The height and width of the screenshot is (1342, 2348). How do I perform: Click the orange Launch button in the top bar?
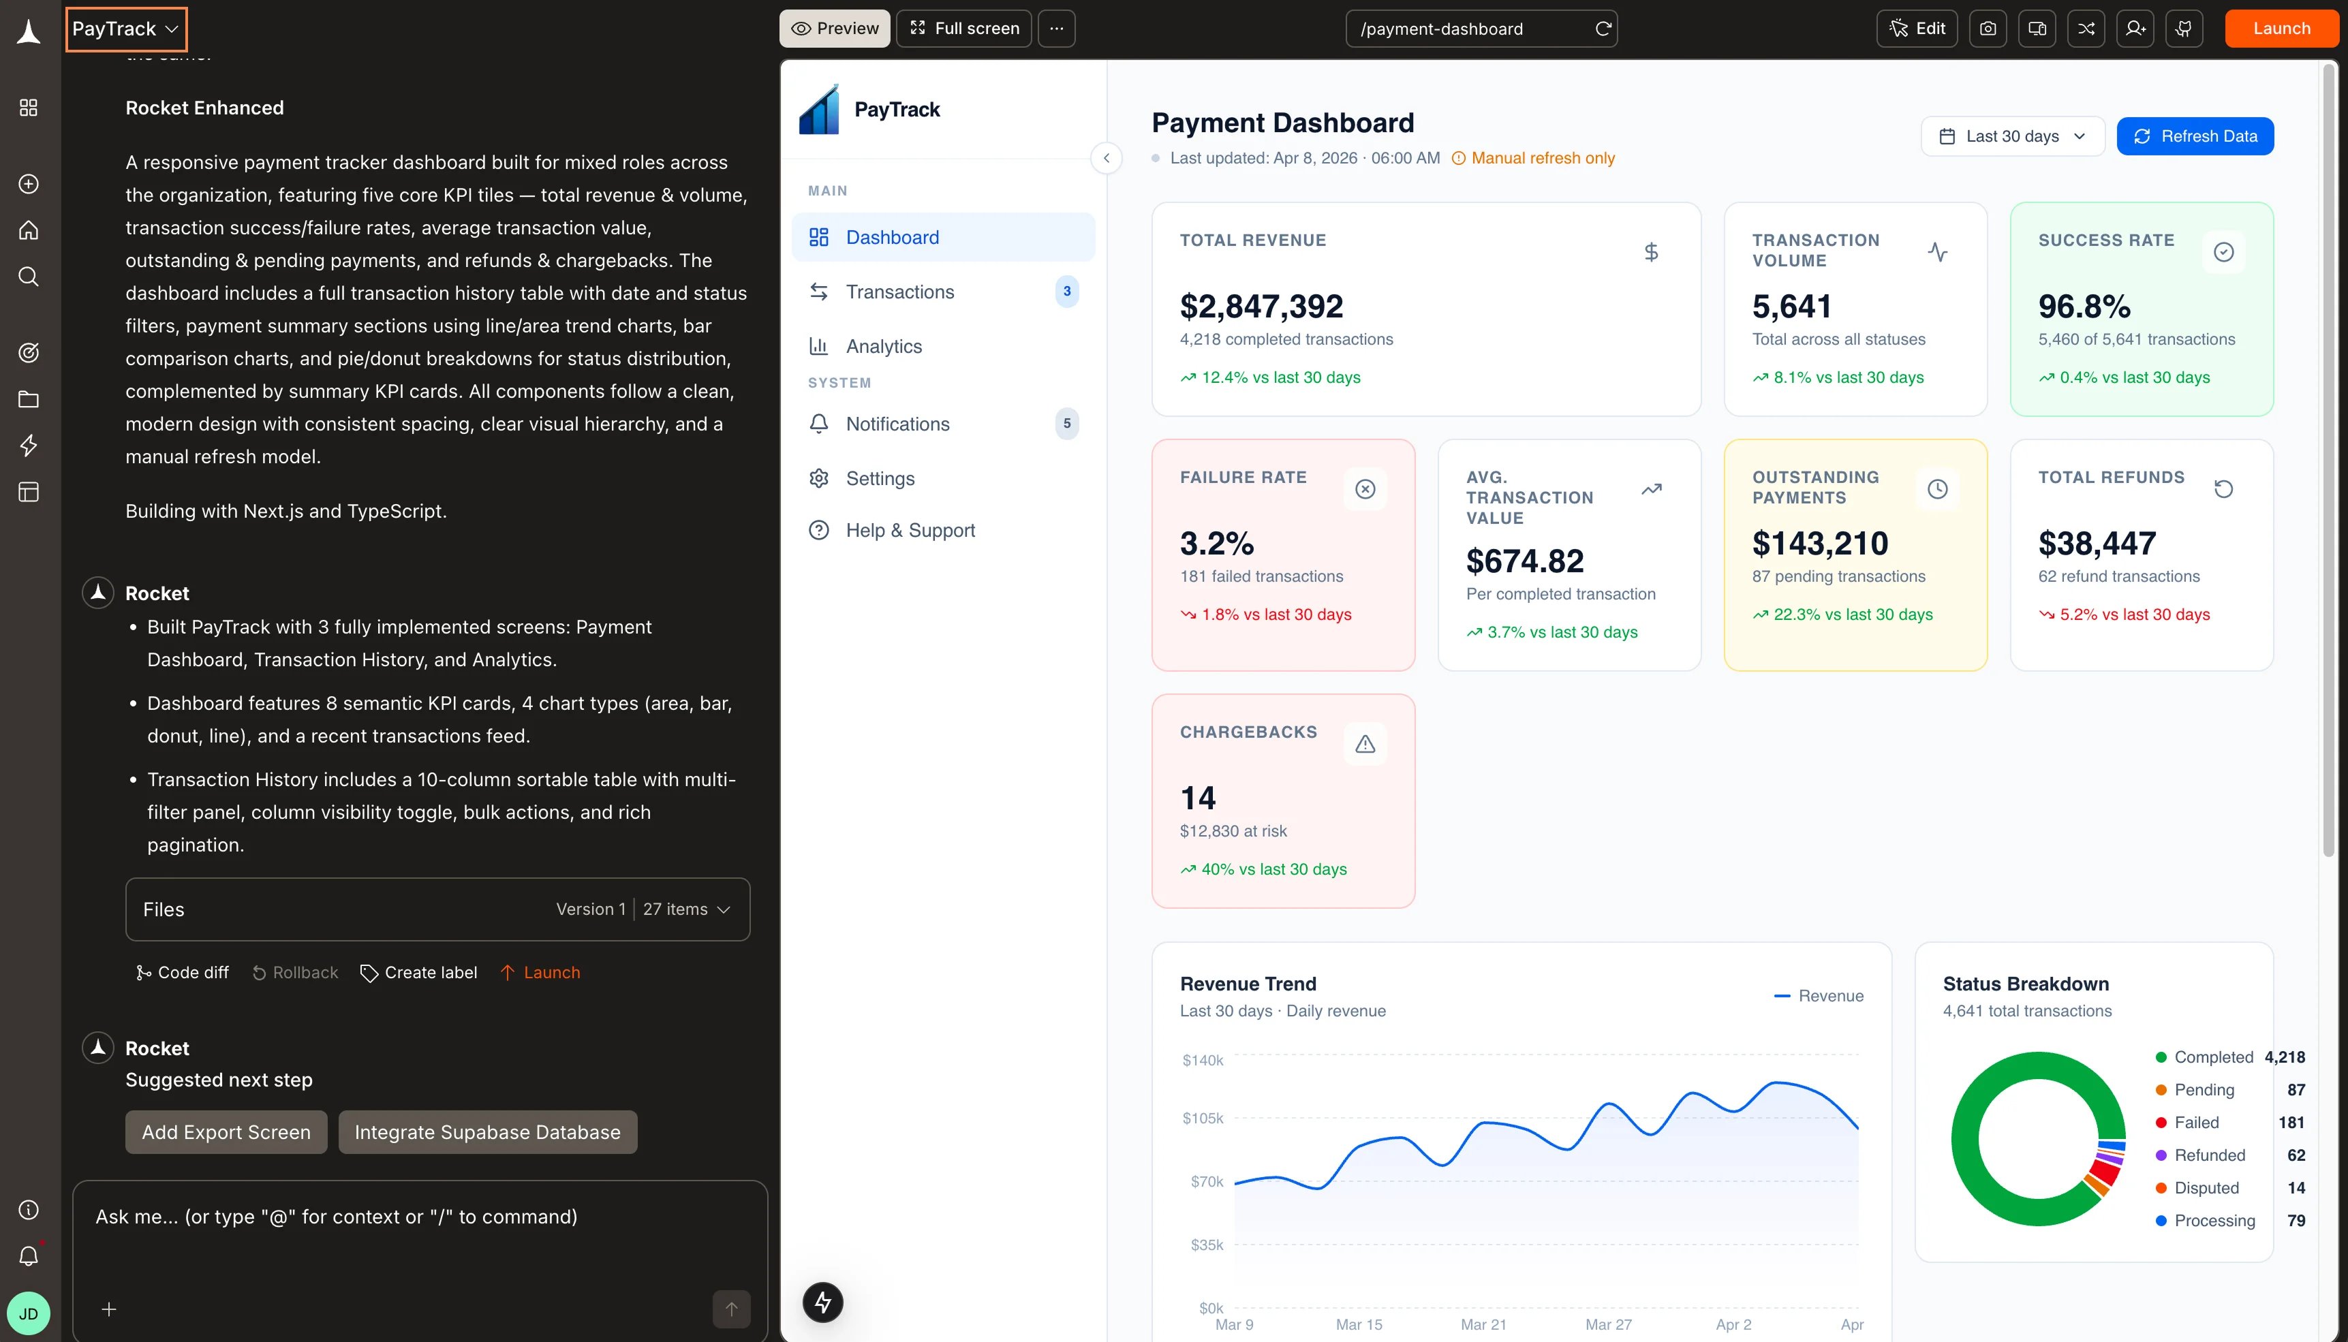tap(2282, 29)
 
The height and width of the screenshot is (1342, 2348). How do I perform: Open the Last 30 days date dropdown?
tap(2013, 136)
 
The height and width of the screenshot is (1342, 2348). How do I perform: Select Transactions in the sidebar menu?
tap(899, 292)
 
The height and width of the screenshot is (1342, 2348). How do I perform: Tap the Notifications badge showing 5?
tap(1066, 424)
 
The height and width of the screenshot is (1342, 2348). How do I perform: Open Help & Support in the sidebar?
tap(910, 531)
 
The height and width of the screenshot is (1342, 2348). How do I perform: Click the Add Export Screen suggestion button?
tap(226, 1132)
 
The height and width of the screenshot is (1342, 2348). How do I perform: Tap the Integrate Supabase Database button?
tap(488, 1132)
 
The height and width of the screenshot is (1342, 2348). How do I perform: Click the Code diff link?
tap(182, 972)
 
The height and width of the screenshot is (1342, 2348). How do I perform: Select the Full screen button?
tap(964, 29)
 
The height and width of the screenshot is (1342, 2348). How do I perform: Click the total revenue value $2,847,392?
tap(1261, 306)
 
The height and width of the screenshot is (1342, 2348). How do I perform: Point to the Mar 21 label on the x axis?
tap(1483, 1324)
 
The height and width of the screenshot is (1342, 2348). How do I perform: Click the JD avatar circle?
tap(29, 1313)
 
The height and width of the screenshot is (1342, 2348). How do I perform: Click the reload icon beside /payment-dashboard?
tap(1603, 29)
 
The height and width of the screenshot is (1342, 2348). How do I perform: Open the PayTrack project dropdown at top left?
tap(125, 29)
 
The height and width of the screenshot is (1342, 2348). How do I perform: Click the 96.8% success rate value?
tap(2084, 306)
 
